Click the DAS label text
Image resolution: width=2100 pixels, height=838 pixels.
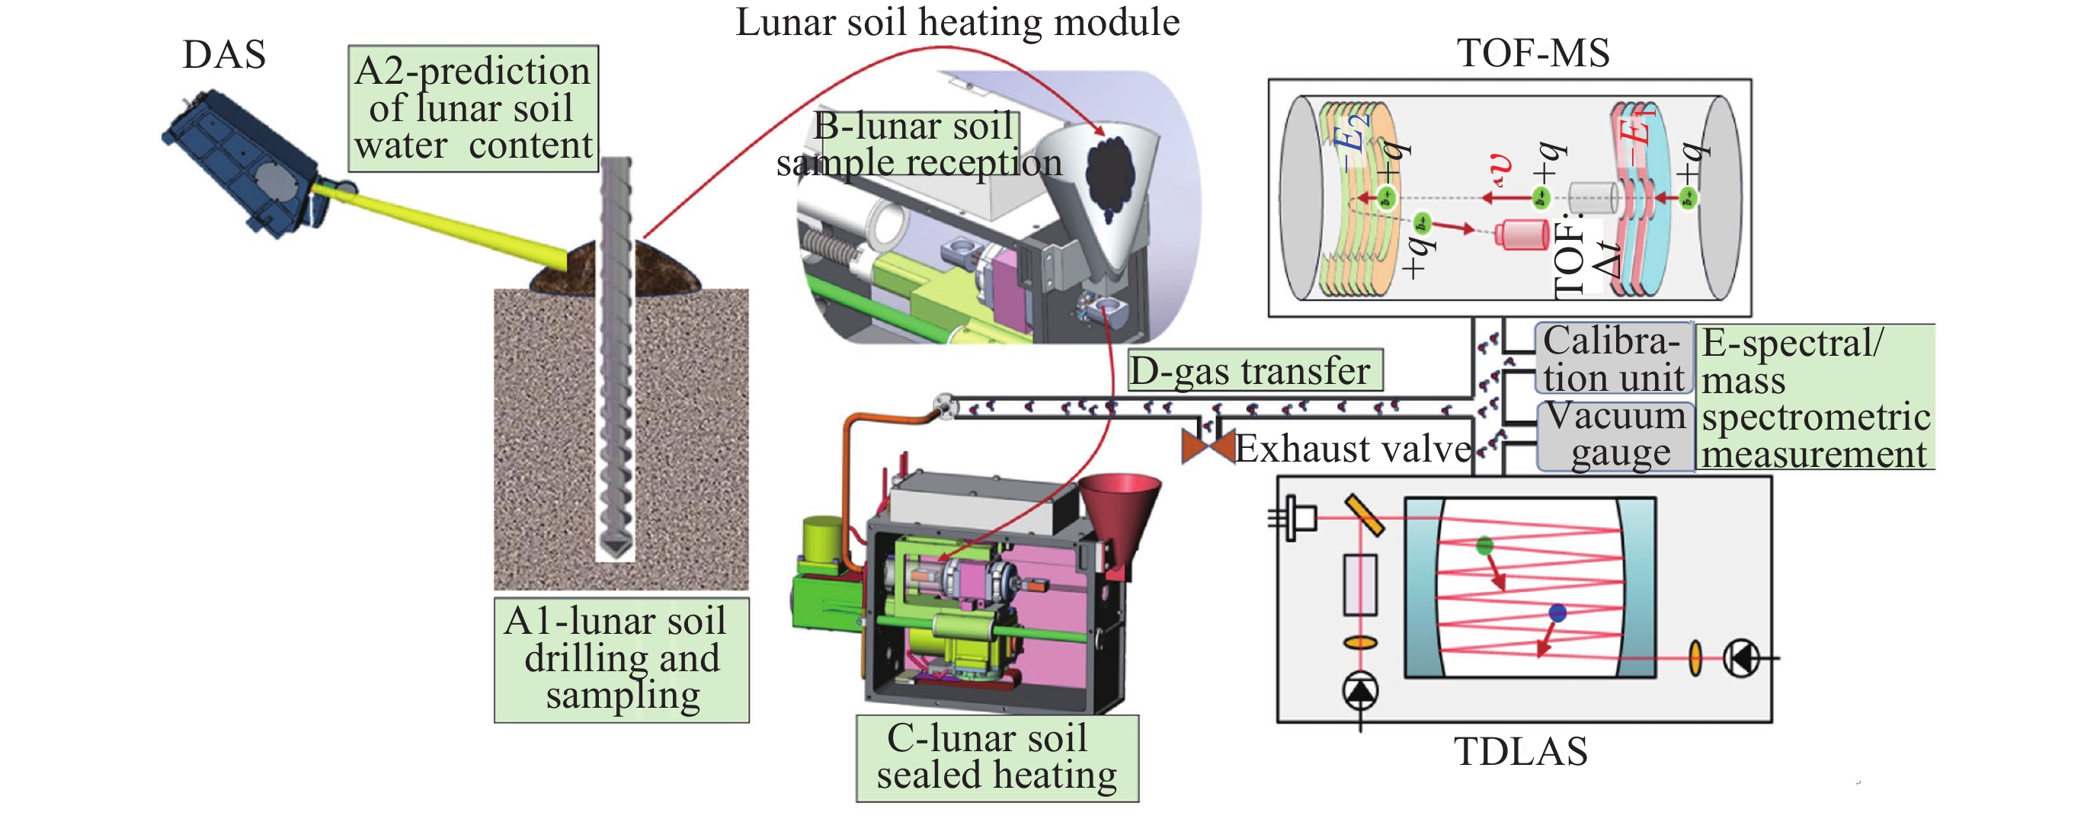tap(224, 55)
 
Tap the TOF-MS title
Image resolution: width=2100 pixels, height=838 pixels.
tap(1532, 53)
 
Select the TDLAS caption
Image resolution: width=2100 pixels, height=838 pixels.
tap(1520, 751)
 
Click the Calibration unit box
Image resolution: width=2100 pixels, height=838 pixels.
tap(1612, 360)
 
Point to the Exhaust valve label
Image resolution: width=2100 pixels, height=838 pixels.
tap(1353, 449)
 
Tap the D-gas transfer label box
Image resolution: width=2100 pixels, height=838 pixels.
tap(1253, 371)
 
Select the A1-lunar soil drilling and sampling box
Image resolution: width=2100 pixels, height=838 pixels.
tap(621, 660)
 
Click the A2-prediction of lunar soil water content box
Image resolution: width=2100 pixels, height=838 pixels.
tap(473, 108)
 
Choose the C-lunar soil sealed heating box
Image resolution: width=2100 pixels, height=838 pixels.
tap(996, 757)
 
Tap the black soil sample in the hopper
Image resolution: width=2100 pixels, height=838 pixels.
tap(1110, 175)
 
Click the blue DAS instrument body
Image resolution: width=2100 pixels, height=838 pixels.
tap(241, 163)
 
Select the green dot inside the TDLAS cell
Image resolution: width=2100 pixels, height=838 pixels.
tap(1484, 545)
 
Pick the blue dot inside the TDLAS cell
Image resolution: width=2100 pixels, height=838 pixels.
tap(1557, 613)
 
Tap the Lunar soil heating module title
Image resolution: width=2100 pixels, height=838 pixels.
tap(957, 22)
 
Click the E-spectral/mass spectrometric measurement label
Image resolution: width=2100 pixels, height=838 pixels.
tap(1815, 398)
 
